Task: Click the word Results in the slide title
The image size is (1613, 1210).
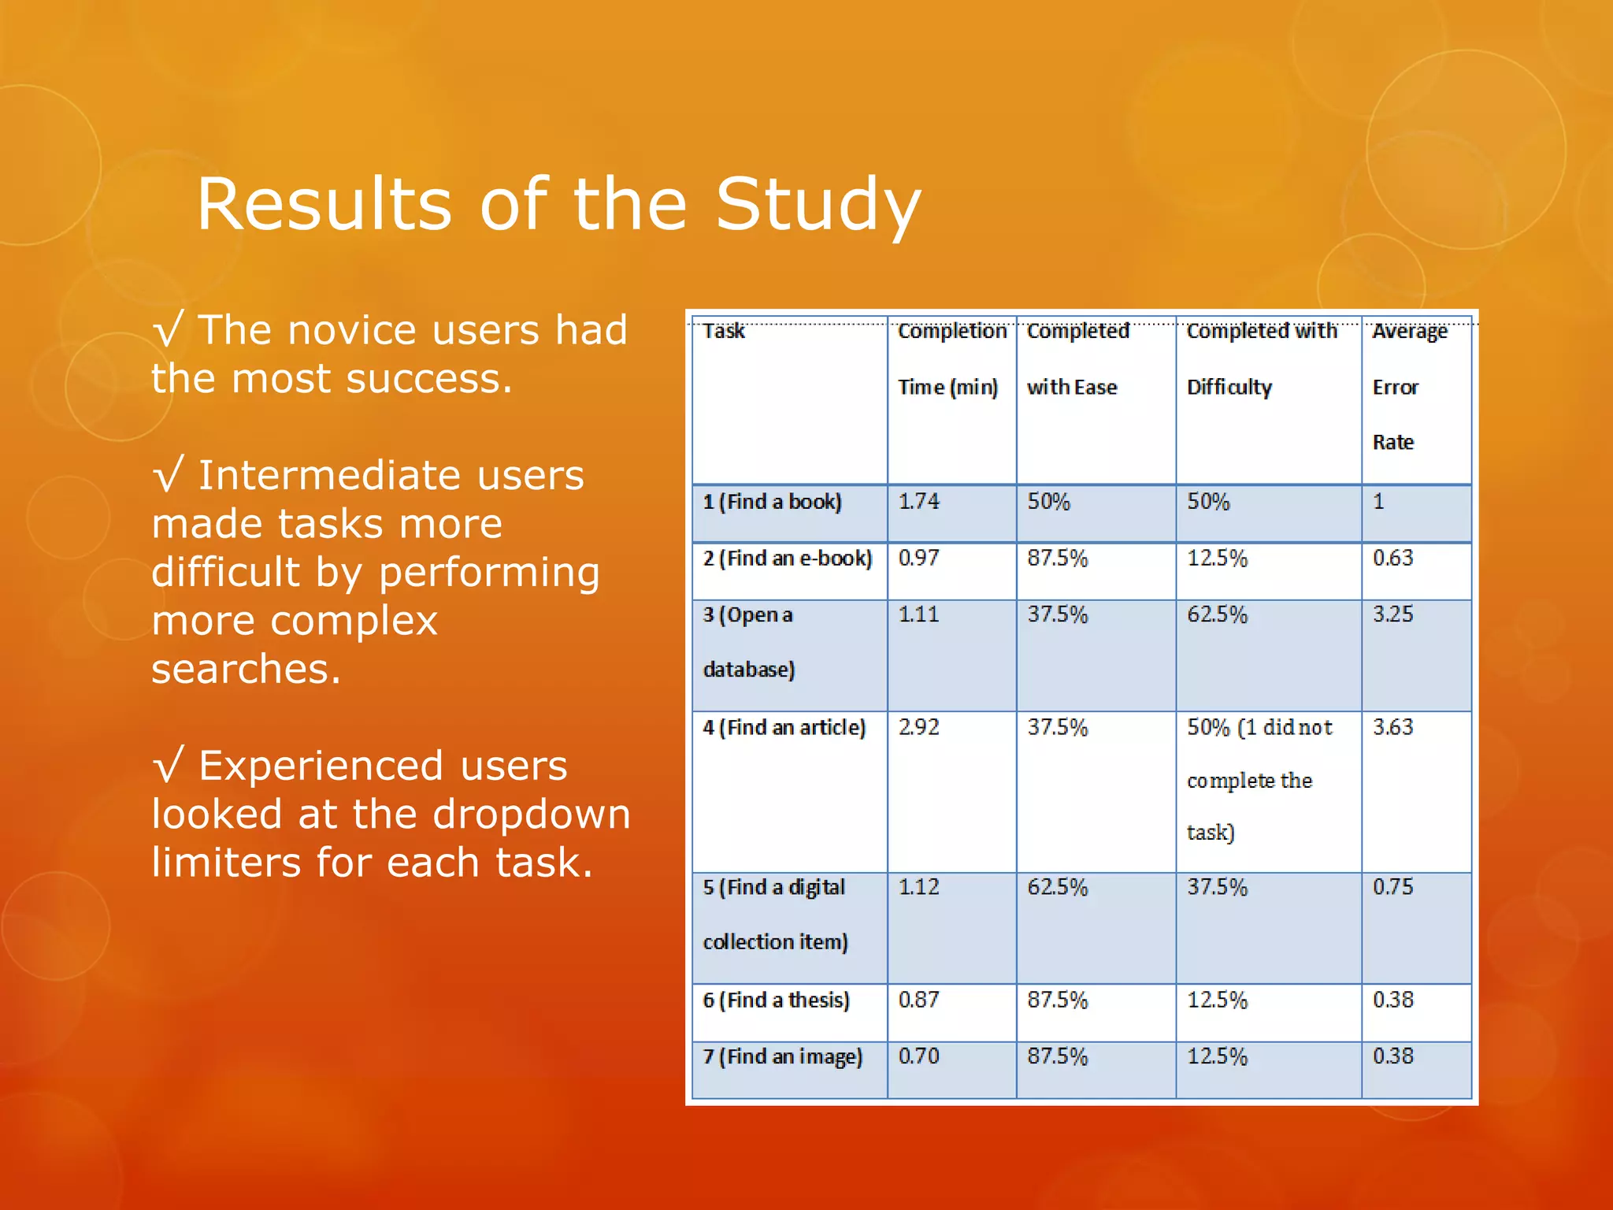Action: pos(323,204)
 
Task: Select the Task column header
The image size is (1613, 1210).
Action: pos(723,331)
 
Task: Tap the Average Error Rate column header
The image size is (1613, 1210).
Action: pos(1409,386)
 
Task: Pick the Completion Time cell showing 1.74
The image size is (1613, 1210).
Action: pos(919,502)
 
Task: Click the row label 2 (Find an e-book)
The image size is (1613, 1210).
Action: pos(788,559)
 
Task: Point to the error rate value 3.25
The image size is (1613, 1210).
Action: pos(1392,614)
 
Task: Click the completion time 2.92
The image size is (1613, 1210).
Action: pos(919,727)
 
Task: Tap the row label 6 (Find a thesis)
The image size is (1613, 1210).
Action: pos(777,1000)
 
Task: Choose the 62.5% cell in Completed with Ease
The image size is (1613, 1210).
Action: pos(1057,888)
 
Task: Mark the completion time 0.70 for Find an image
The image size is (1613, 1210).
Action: pos(919,1056)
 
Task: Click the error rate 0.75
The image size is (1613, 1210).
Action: pos(1392,888)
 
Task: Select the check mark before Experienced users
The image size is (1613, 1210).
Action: pos(169,766)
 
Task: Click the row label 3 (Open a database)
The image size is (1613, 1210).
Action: pos(748,641)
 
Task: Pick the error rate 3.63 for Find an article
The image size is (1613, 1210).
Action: pos(1392,727)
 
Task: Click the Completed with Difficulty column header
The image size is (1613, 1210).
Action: pos(1261,358)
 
